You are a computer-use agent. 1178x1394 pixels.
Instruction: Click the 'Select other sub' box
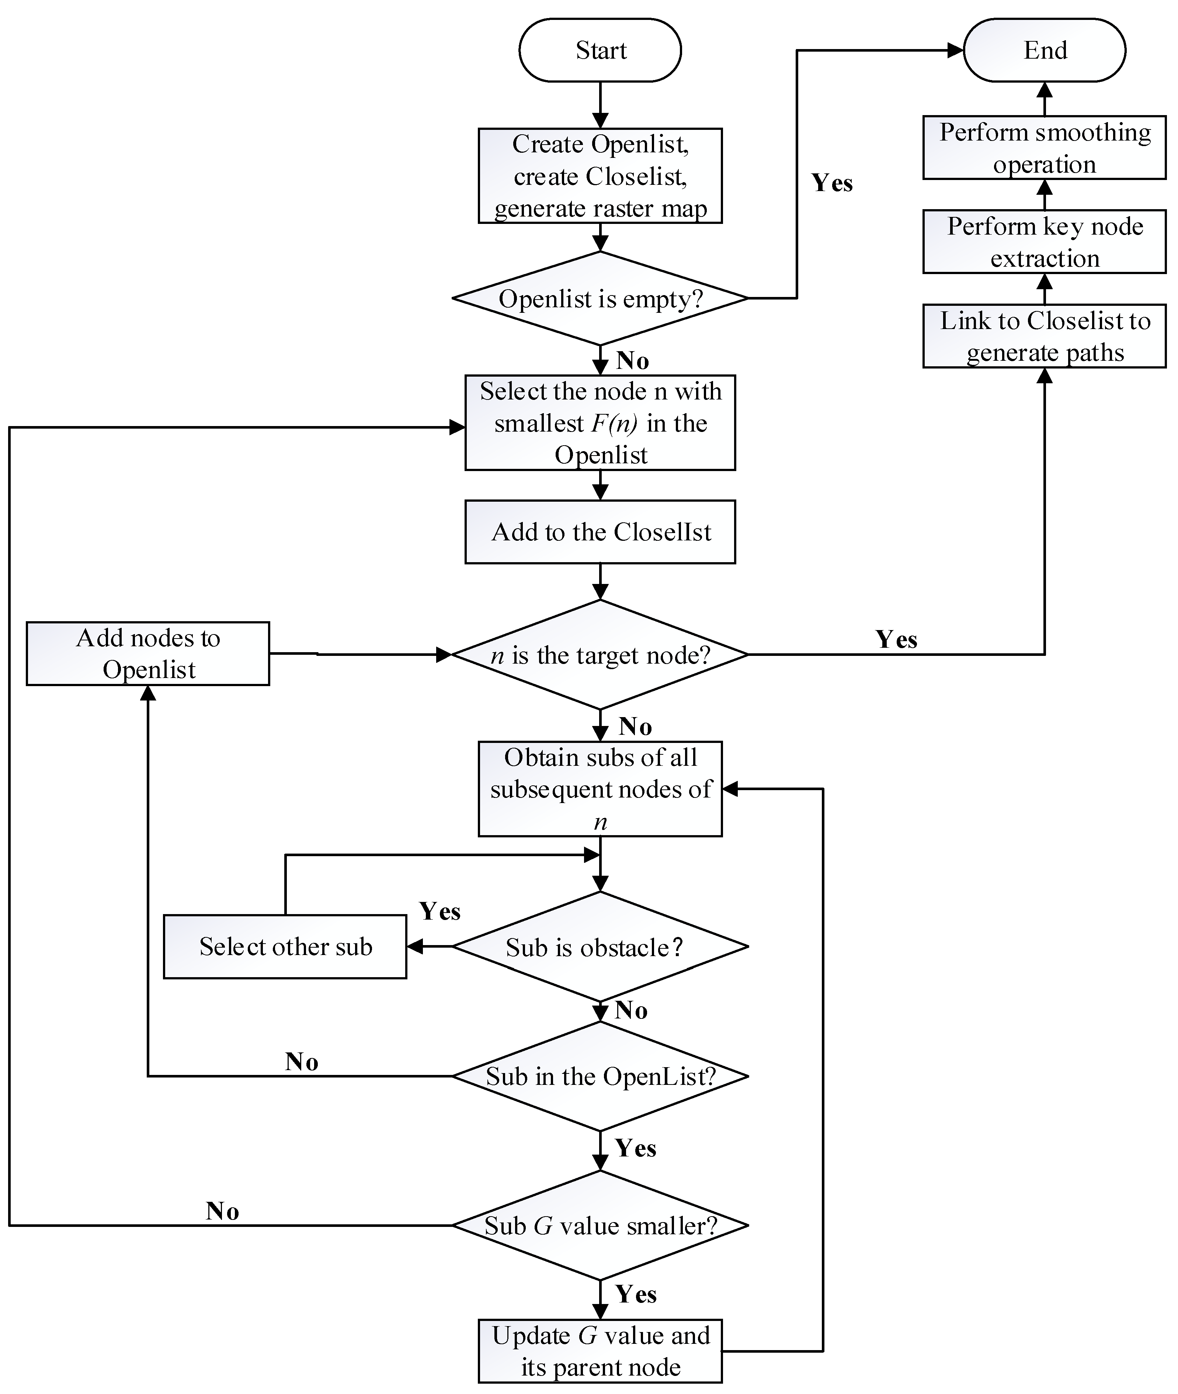tap(285, 947)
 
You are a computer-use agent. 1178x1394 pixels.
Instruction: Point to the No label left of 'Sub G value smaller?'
tap(222, 1211)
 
